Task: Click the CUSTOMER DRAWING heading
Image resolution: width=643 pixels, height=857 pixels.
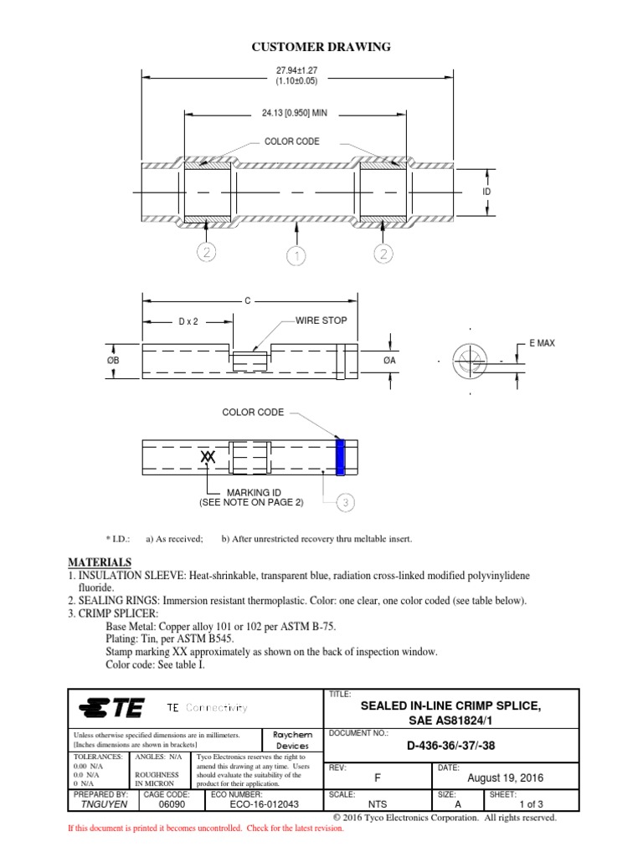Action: coord(321,47)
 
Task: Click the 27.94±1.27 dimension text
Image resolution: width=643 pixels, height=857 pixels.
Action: coord(297,70)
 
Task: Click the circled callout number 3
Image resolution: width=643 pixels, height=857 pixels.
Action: coord(346,502)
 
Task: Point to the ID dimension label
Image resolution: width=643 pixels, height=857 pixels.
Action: coord(486,192)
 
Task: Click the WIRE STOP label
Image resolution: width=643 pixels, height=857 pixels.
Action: coord(321,321)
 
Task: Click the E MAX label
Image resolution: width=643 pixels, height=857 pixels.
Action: coord(542,343)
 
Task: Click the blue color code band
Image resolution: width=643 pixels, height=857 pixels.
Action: coord(340,456)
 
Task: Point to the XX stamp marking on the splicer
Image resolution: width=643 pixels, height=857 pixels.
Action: coord(208,457)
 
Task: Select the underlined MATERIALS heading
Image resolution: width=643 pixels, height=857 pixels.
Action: coord(99,562)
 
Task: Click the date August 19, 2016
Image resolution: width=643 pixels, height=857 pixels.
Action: coord(505,777)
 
